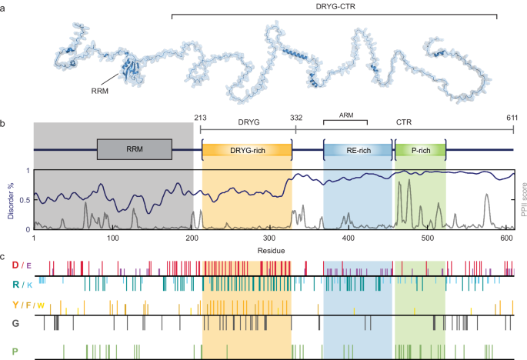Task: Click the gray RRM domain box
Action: pyautogui.click(x=134, y=150)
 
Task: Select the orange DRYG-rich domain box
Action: pyautogui.click(x=246, y=150)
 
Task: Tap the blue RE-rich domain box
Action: pyautogui.click(x=357, y=150)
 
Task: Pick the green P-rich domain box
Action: pyautogui.click(x=420, y=150)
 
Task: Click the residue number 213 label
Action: pyautogui.click(x=201, y=117)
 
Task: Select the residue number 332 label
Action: pyautogui.click(x=296, y=117)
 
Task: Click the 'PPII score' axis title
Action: pyautogui.click(x=521, y=199)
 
